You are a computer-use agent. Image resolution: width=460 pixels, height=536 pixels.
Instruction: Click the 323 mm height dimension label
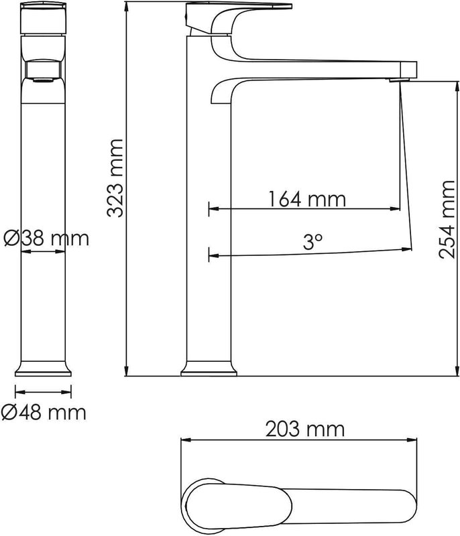click(115, 178)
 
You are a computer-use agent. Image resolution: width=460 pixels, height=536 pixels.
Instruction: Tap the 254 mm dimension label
click(447, 219)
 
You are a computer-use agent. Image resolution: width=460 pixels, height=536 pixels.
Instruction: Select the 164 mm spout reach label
click(307, 199)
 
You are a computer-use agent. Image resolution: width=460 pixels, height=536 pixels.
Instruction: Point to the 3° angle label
click(312, 242)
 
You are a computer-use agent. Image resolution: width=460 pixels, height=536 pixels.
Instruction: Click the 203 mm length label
click(304, 429)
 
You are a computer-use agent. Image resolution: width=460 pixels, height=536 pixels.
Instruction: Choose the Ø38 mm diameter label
click(46, 238)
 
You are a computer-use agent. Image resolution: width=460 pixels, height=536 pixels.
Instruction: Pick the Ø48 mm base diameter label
click(44, 412)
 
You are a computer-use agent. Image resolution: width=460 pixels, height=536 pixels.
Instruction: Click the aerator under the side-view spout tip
click(399, 80)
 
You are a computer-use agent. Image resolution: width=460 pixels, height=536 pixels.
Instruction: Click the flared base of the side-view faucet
click(209, 368)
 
